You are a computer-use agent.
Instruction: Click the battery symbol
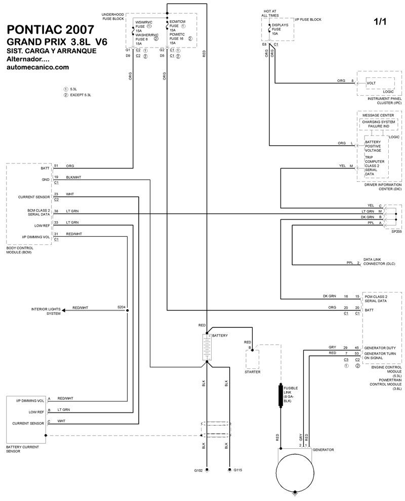point(207,347)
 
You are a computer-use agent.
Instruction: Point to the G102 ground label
point(198,471)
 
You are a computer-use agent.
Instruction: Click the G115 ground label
point(238,470)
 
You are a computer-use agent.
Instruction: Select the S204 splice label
point(121,307)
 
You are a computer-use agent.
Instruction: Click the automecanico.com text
point(37,67)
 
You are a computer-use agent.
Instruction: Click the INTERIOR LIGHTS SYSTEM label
point(46,311)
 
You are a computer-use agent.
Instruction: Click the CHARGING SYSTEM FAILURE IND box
point(379,123)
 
